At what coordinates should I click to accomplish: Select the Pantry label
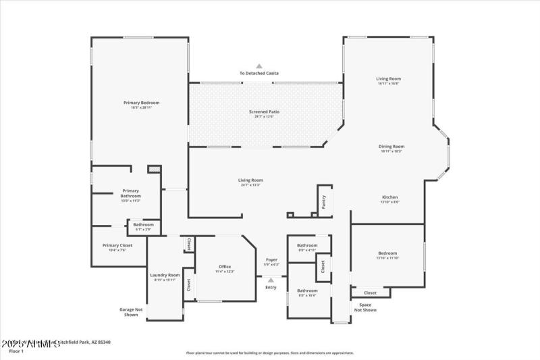(324, 201)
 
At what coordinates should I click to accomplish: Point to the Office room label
(224, 267)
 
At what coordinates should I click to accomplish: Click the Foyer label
(271, 259)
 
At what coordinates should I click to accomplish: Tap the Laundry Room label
(165, 275)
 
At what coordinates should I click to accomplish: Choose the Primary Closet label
(117, 245)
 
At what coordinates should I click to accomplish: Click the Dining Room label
(392, 146)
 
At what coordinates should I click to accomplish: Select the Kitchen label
(389, 197)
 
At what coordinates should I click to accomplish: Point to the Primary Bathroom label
(130, 192)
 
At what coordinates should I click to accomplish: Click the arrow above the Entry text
(271, 280)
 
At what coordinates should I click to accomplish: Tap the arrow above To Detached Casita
(259, 66)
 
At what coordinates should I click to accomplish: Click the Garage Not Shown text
(131, 312)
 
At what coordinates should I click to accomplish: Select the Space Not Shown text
(365, 307)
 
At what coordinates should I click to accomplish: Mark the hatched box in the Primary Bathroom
(154, 170)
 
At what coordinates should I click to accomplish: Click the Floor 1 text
(16, 351)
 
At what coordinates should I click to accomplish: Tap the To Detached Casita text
(259, 73)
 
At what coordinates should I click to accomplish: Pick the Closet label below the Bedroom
(370, 292)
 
